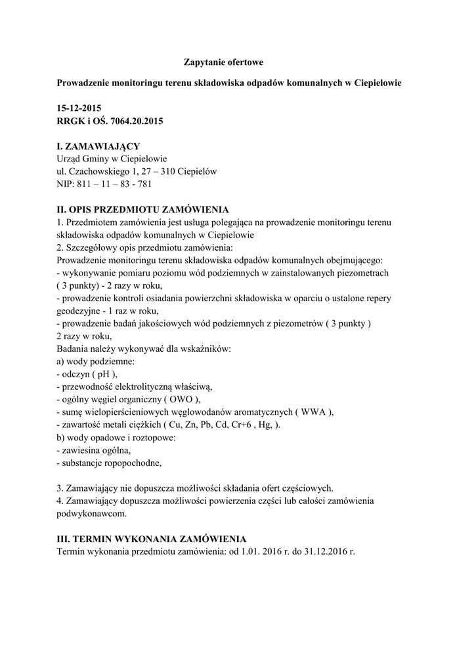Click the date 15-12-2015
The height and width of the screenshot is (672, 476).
point(79,108)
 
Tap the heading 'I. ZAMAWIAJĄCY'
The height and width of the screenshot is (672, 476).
point(98,146)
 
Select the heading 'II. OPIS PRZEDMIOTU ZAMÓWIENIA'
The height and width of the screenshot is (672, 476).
point(143,210)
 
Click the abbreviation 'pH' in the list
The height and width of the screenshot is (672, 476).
point(102,373)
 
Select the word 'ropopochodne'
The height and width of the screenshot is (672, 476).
point(129,463)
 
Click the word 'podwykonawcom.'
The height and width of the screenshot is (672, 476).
point(91,514)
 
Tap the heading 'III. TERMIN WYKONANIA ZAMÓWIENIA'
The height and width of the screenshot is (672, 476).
point(152,539)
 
